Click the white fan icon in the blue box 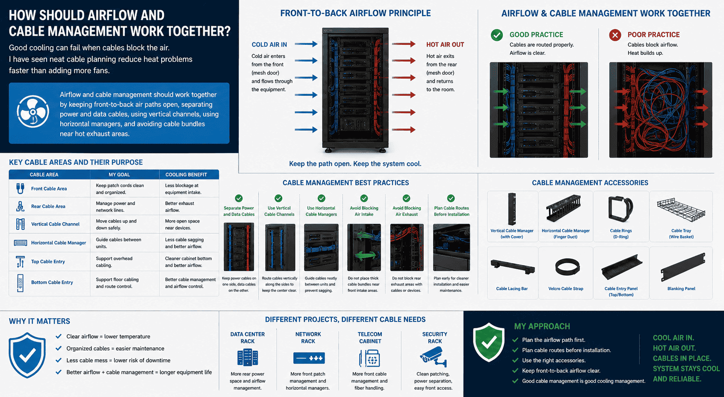click(x=33, y=112)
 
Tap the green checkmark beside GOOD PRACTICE click(x=496, y=35)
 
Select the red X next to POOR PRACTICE click(x=615, y=35)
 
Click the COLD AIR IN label click(x=269, y=44)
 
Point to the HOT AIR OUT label click(x=445, y=44)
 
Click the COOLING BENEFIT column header click(x=186, y=175)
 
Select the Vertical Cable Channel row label click(x=55, y=224)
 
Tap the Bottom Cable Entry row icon click(x=20, y=282)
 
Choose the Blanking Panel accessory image click(x=683, y=267)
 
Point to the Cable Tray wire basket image click(x=681, y=210)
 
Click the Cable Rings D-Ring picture click(x=621, y=209)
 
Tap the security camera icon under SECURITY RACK click(x=434, y=357)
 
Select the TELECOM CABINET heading click(x=370, y=338)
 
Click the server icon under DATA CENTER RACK click(x=248, y=357)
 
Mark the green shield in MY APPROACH click(x=488, y=342)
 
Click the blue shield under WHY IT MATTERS click(x=27, y=355)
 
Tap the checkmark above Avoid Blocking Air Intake click(x=364, y=198)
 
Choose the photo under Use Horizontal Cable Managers click(x=321, y=247)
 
